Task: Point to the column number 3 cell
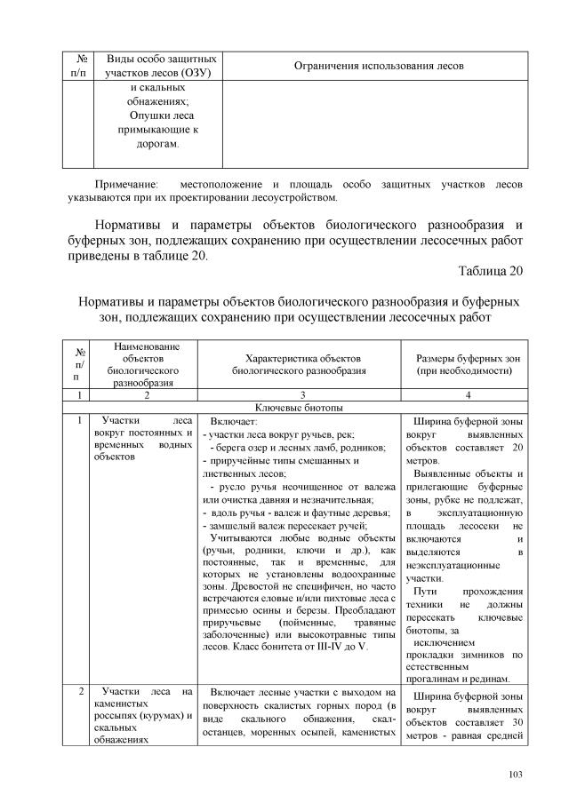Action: tap(294, 394)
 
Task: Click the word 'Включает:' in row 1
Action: tap(235, 422)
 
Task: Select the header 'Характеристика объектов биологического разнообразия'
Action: tap(294, 364)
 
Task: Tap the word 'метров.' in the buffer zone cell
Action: tap(422, 462)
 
